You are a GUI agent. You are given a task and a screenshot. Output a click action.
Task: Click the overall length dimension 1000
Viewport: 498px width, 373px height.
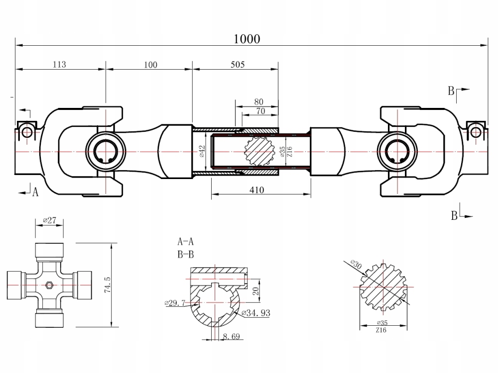tap(247, 39)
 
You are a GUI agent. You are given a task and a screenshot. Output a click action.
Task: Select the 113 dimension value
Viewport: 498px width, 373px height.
tap(59, 64)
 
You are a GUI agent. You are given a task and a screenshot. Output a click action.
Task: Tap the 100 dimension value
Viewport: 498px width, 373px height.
tap(150, 64)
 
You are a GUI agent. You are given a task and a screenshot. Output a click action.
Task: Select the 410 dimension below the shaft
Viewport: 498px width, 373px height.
tap(257, 190)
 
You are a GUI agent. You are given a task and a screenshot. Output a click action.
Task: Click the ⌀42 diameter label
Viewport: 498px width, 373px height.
tap(202, 151)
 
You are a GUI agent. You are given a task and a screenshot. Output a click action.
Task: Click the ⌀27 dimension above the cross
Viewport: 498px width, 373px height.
tap(49, 220)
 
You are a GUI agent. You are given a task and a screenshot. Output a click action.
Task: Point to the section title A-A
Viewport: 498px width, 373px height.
tap(185, 242)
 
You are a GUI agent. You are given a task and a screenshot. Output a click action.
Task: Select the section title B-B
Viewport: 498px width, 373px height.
tap(185, 255)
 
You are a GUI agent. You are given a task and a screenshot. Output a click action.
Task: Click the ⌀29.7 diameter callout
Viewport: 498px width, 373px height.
tap(174, 302)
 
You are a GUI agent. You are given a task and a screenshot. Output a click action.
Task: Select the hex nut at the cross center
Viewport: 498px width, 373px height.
tap(49, 285)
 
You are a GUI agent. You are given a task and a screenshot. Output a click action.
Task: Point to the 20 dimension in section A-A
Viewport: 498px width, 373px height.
tap(254, 290)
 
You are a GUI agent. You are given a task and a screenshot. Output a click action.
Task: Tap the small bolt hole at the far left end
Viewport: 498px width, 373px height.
tap(26, 132)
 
